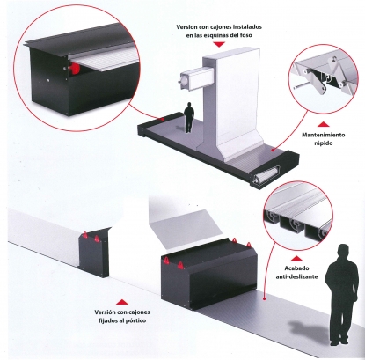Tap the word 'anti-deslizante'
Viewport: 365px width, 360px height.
point(296,276)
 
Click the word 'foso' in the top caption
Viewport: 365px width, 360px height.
point(245,35)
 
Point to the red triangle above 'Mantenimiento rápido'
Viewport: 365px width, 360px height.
point(323,124)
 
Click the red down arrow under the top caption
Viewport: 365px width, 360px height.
point(219,45)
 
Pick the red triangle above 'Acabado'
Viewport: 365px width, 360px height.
point(296,259)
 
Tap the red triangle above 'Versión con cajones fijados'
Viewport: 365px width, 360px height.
point(122,302)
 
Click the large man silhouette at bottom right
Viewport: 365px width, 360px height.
point(343,294)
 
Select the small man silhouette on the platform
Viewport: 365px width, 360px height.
point(189,117)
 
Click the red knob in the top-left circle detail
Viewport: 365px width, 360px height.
point(75,69)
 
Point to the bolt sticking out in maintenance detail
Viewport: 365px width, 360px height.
point(299,87)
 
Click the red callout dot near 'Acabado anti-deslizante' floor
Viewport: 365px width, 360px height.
point(264,299)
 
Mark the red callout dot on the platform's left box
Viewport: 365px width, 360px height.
point(163,120)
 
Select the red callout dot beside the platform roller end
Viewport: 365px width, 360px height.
point(273,150)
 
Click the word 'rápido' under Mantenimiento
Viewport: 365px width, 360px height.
point(322,143)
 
